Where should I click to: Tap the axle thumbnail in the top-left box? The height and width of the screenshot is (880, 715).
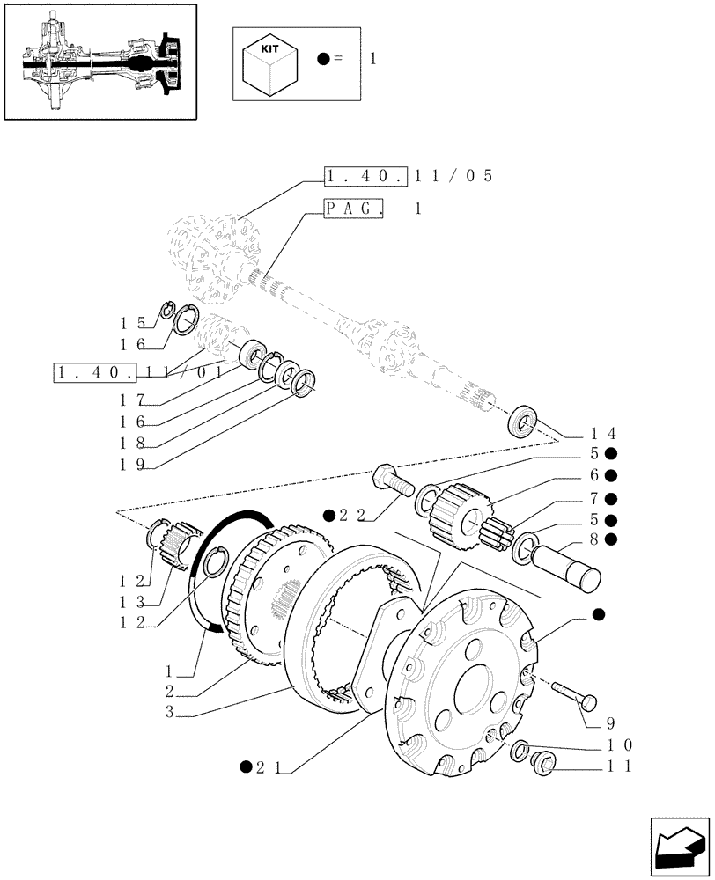coord(100,61)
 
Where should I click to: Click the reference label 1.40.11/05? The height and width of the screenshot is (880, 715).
coord(407,176)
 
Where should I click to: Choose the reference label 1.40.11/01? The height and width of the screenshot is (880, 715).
coord(136,373)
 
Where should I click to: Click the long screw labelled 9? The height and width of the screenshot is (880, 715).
coord(574,694)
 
